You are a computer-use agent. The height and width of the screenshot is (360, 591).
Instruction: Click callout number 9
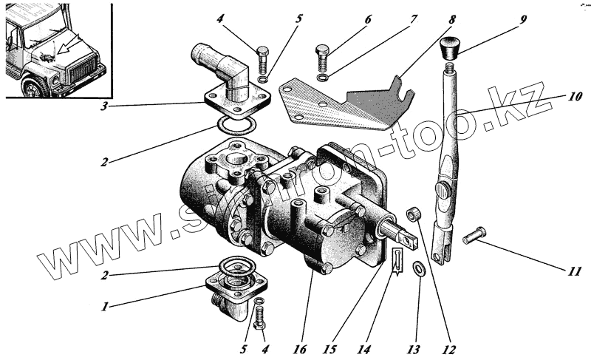point(523,18)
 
